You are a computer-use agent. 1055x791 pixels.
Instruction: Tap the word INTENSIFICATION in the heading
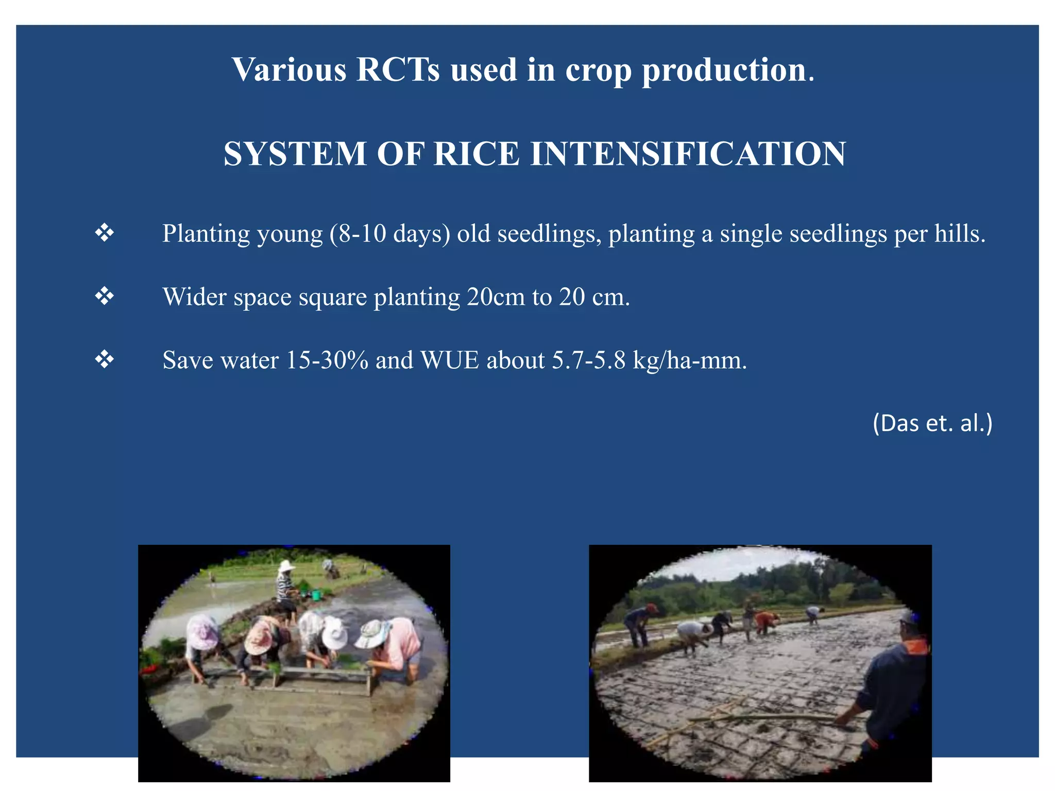pos(688,154)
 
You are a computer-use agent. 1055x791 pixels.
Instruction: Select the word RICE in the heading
pos(476,154)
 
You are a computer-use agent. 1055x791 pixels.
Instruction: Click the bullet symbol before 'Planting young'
pos(105,233)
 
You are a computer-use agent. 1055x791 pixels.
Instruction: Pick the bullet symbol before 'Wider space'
pos(105,297)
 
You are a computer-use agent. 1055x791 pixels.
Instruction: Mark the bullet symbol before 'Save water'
pos(105,359)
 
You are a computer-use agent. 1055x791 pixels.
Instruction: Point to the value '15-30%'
pos(327,360)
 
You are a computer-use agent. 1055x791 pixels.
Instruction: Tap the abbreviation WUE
pos(450,360)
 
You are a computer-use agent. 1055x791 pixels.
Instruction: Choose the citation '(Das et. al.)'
pos(932,423)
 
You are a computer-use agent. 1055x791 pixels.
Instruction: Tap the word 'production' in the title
pos(724,71)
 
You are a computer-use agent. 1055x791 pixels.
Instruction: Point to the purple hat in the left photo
pos(202,632)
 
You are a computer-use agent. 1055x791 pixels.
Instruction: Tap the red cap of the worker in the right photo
pos(652,608)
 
